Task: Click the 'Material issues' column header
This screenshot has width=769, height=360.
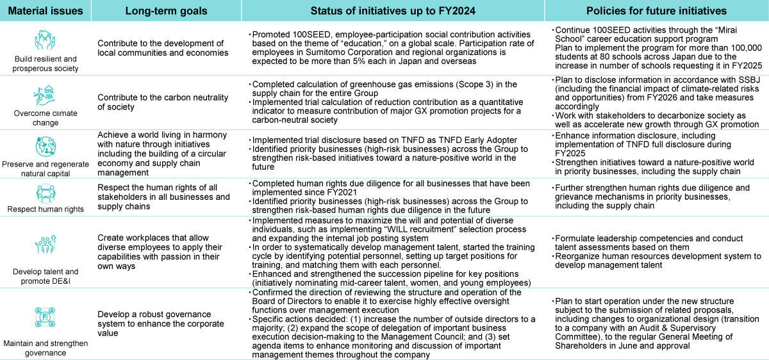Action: click(45, 11)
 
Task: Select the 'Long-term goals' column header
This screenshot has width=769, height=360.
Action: click(166, 11)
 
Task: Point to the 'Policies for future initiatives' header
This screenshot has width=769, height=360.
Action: click(656, 11)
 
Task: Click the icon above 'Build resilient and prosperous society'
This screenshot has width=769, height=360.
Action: click(45, 40)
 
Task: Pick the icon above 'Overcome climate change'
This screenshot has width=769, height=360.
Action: click(45, 95)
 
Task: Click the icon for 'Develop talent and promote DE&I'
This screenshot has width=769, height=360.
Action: click(45, 247)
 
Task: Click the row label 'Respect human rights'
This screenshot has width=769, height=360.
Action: click(45, 209)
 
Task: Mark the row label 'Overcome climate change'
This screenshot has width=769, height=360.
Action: click(45, 118)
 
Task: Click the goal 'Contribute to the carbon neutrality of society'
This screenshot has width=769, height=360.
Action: click(163, 102)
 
